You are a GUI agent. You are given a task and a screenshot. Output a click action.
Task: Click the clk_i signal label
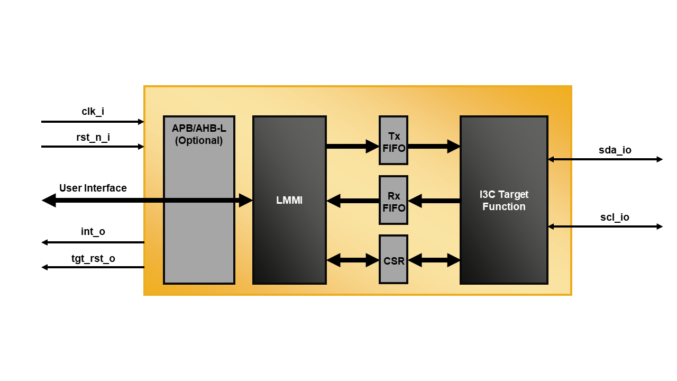93,112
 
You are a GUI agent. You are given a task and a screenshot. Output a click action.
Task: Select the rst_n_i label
93,138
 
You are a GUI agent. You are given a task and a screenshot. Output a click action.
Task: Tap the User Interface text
93,188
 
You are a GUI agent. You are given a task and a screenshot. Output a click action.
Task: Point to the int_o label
93,232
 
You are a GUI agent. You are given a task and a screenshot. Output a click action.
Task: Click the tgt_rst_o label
93,259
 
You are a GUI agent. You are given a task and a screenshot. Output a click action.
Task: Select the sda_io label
615,150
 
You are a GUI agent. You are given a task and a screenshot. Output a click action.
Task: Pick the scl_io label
615,217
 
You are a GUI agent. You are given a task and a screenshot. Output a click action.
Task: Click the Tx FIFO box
394,141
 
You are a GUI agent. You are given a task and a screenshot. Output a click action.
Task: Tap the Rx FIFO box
394,201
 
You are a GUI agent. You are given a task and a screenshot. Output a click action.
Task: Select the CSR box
394,260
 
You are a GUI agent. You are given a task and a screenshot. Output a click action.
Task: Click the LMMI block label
289,201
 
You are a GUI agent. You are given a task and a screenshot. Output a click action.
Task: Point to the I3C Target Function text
504,201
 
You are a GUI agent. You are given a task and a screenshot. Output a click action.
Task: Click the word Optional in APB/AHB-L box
199,141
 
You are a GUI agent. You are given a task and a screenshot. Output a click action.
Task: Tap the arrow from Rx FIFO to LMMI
352,201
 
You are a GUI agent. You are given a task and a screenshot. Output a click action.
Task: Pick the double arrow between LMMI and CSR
352,260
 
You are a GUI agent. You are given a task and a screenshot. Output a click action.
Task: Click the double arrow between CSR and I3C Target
434,260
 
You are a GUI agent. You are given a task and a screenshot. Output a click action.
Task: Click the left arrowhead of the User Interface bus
49,201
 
